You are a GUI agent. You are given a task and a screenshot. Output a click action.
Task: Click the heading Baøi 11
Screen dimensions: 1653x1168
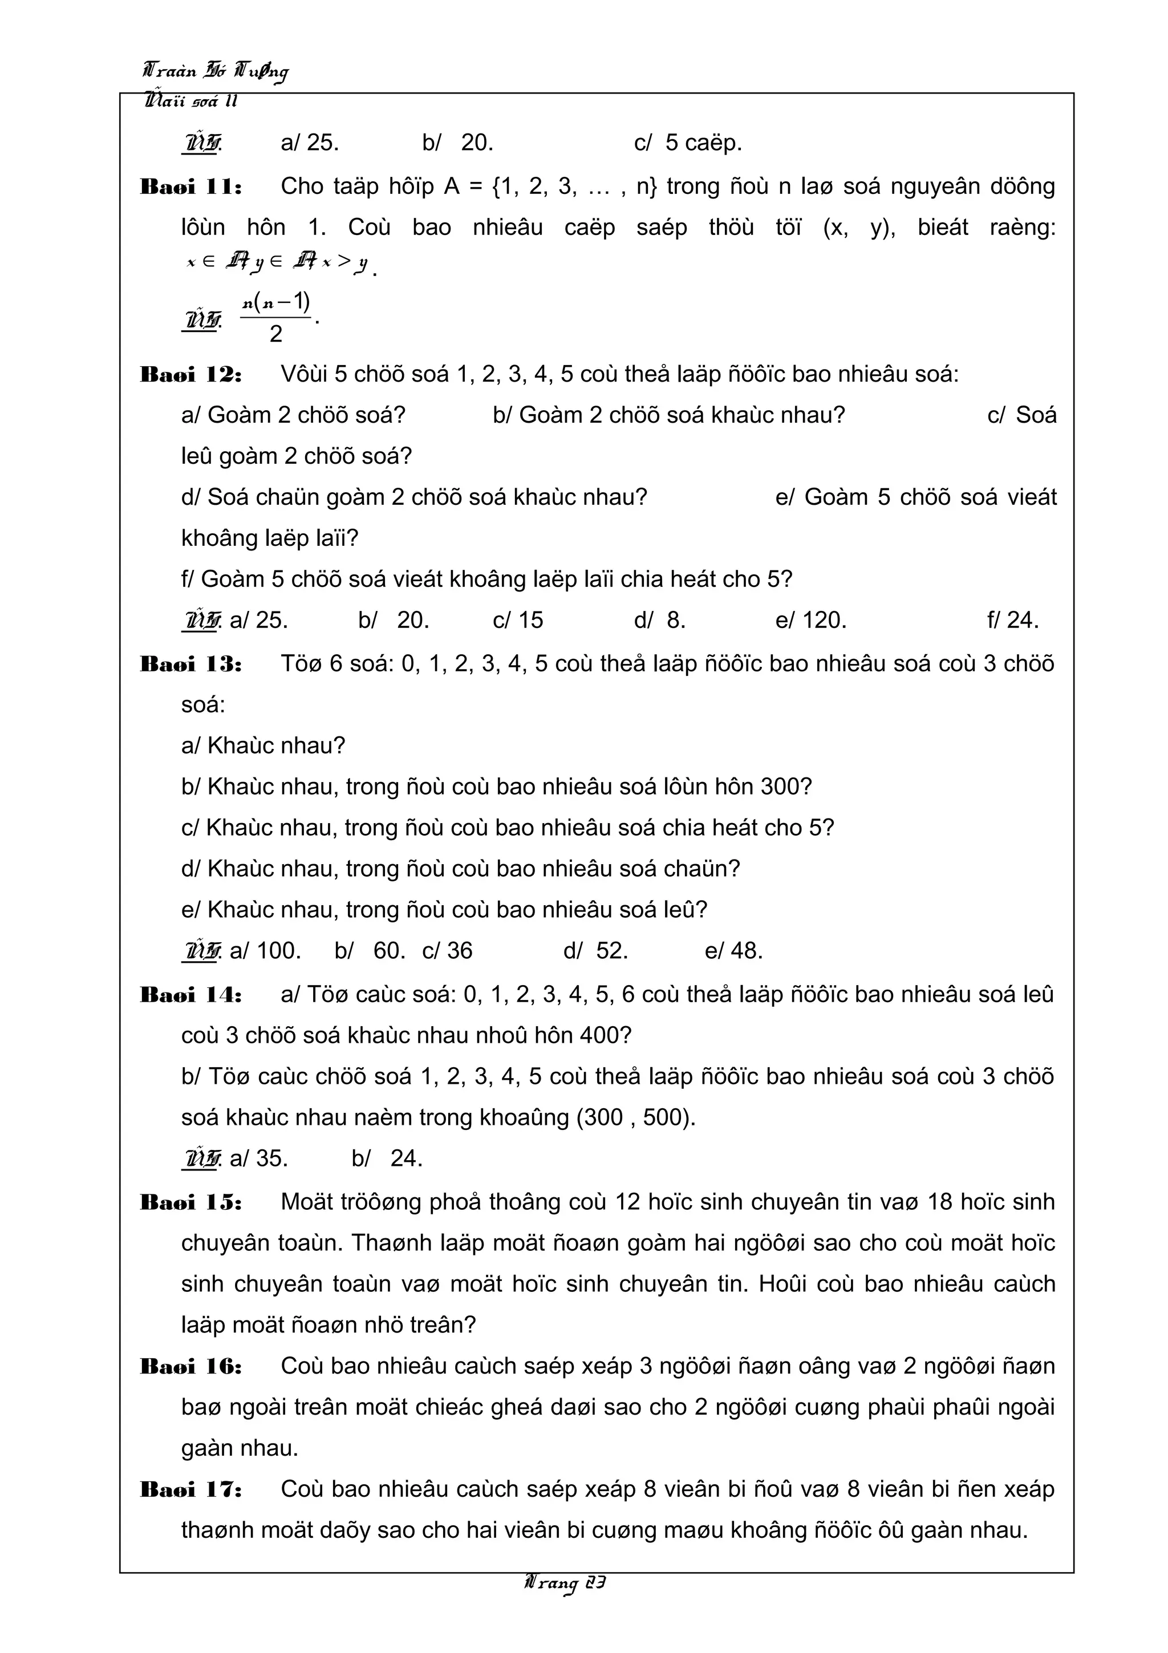pos(190,187)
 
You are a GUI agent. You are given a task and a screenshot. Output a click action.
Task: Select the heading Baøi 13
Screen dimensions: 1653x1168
pos(190,664)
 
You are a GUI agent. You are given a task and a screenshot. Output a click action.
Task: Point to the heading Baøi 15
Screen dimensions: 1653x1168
pos(190,1202)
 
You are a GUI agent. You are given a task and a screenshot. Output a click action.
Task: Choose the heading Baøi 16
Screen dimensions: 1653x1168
pos(190,1367)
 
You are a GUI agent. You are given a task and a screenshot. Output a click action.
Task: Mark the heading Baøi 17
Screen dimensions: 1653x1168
pos(190,1489)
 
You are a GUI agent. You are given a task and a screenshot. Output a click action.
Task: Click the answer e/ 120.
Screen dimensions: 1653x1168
pos(810,620)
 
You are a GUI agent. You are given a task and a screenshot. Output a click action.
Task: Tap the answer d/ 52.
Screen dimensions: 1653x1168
pos(595,951)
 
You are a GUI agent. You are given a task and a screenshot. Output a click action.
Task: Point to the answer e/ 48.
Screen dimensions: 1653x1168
pos(733,951)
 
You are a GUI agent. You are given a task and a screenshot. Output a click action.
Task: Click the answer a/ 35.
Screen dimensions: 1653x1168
pos(258,1158)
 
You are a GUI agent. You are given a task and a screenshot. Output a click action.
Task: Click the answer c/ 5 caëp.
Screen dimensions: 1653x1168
pos(687,143)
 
